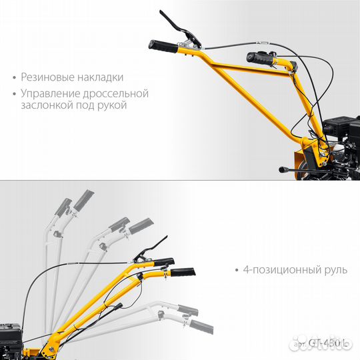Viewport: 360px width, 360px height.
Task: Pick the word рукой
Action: click(113, 107)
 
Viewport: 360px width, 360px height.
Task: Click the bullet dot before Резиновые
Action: click(15, 79)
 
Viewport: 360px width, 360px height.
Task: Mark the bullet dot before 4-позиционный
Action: click(237, 271)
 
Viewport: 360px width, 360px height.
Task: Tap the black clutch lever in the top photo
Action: click(174, 26)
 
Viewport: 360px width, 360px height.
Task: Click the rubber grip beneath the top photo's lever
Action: click(162, 47)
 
